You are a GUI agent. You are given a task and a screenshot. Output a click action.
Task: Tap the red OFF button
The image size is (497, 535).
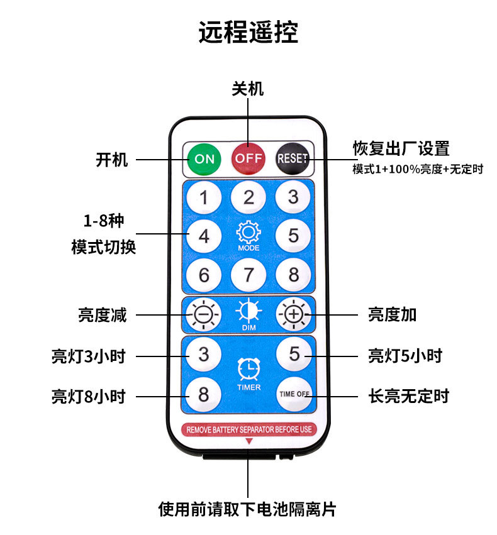pos(248,158)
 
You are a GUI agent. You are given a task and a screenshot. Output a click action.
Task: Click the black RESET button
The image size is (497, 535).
pos(293,158)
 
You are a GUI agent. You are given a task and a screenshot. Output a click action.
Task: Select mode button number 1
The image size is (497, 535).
pos(204,197)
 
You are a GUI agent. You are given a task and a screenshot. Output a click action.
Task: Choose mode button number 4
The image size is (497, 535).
pos(204,236)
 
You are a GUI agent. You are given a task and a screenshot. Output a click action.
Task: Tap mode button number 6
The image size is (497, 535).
pos(204,275)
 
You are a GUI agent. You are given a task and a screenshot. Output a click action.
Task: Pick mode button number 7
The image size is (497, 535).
pos(249,275)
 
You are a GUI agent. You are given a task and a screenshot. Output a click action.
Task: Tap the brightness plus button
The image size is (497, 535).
pos(294,314)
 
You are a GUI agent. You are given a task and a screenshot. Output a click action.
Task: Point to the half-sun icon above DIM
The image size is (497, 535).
pos(248,311)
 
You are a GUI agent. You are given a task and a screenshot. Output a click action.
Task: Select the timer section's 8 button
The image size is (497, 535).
pos(204,395)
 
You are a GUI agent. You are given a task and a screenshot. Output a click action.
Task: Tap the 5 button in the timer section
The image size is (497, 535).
pos(294,354)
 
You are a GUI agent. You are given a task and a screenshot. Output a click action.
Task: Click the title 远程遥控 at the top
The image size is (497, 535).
pos(248,32)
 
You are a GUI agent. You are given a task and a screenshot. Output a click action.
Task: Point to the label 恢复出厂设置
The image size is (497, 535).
pos(401,149)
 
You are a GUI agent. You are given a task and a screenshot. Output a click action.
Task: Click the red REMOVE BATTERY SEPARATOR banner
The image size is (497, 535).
pos(248,429)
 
